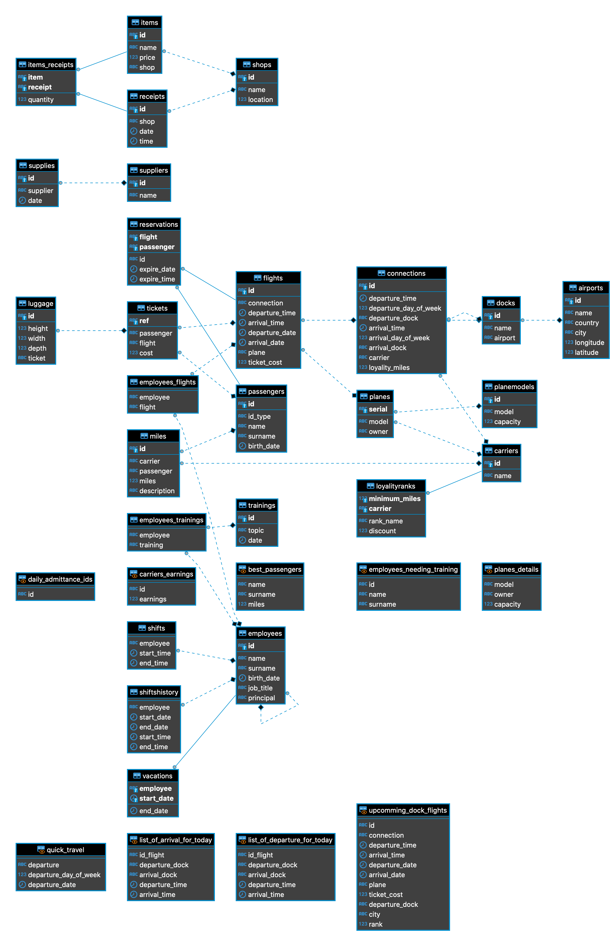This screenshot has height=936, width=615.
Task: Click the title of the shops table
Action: [261, 65]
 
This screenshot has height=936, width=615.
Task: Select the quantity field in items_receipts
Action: [41, 99]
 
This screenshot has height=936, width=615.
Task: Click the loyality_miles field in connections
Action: [389, 367]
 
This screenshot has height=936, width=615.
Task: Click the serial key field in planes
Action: [378, 409]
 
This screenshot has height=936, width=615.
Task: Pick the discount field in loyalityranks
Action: [382, 531]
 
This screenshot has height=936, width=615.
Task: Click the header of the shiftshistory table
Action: [158, 692]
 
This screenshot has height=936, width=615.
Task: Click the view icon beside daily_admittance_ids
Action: [23, 579]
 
